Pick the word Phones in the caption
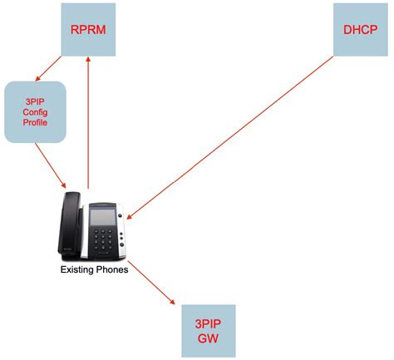tap(112, 271)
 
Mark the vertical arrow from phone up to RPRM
tap(89, 125)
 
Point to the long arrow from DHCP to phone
tap(241, 133)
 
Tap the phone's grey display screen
tap(102, 216)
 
